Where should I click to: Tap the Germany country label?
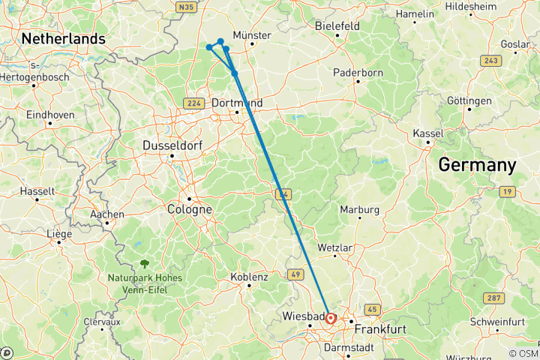[477, 165]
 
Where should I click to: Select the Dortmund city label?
[237, 102]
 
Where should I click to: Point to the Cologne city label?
[189, 209]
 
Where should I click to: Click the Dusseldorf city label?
[172, 145]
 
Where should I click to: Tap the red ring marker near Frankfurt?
[331, 318]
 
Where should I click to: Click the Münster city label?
[251, 35]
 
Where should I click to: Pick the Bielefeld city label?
[337, 25]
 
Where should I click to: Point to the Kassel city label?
[428, 133]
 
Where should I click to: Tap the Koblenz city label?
[249, 277]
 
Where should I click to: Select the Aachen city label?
[106, 214]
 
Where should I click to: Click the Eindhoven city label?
[50, 115]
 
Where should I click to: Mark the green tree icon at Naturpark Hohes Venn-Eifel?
[144, 263]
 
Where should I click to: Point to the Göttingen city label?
[469, 100]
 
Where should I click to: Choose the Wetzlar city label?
[334, 247]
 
